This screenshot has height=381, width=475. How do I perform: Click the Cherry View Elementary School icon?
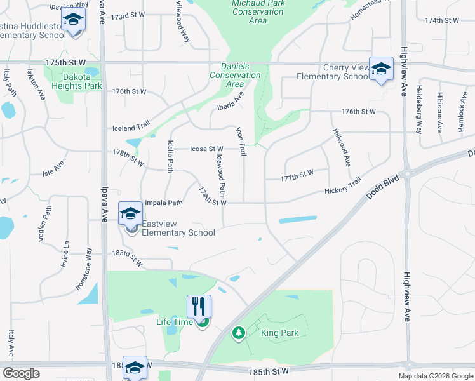click(x=381, y=69)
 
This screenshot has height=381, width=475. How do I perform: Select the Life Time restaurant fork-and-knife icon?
click(x=199, y=307)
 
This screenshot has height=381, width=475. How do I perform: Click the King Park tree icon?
click(x=238, y=333)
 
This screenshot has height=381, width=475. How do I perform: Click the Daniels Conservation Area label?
click(x=235, y=75)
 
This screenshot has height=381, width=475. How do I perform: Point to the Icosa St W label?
click(x=206, y=149)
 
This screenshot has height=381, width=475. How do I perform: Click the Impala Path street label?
click(x=164, y=203)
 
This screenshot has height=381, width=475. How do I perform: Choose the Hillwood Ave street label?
click(x=340, y=147)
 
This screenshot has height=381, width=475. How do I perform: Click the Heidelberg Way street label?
click(x=418, y=109)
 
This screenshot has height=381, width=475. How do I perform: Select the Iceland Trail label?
click(x=130, y=127)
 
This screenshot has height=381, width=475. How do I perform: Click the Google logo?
click(x=21, y=373)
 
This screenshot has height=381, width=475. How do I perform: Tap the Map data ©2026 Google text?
click(x=436, y=376)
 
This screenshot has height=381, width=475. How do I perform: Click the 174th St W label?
click(x=442, y=21)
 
